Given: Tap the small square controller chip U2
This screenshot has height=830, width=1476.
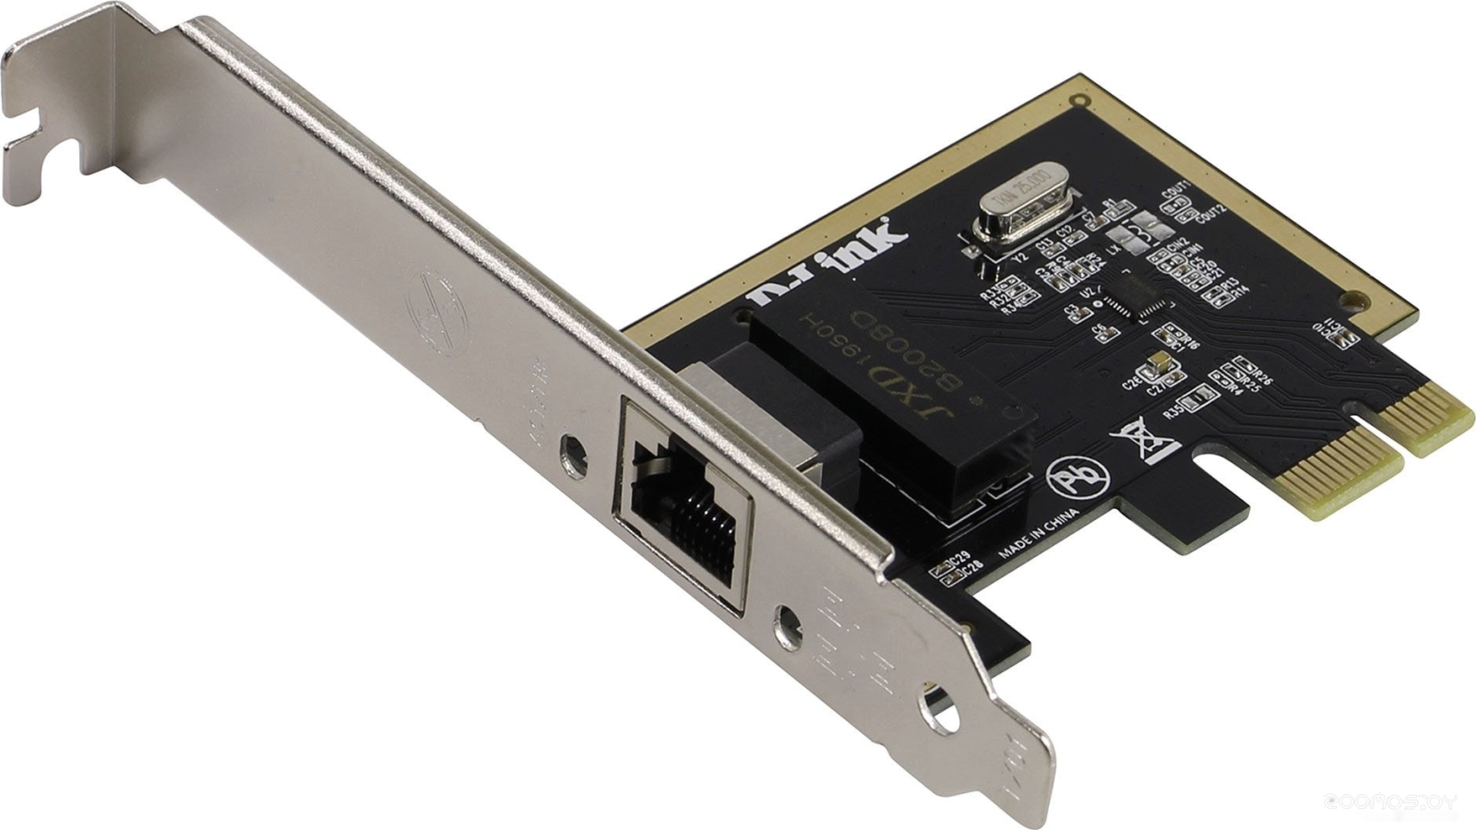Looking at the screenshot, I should tap(1138, 299).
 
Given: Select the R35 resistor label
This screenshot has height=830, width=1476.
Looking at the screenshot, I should tap(1173, 412).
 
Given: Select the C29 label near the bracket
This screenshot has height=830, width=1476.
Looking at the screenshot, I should tap(959, 557).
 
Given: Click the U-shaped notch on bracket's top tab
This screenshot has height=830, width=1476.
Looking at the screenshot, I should tap(28, 129).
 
